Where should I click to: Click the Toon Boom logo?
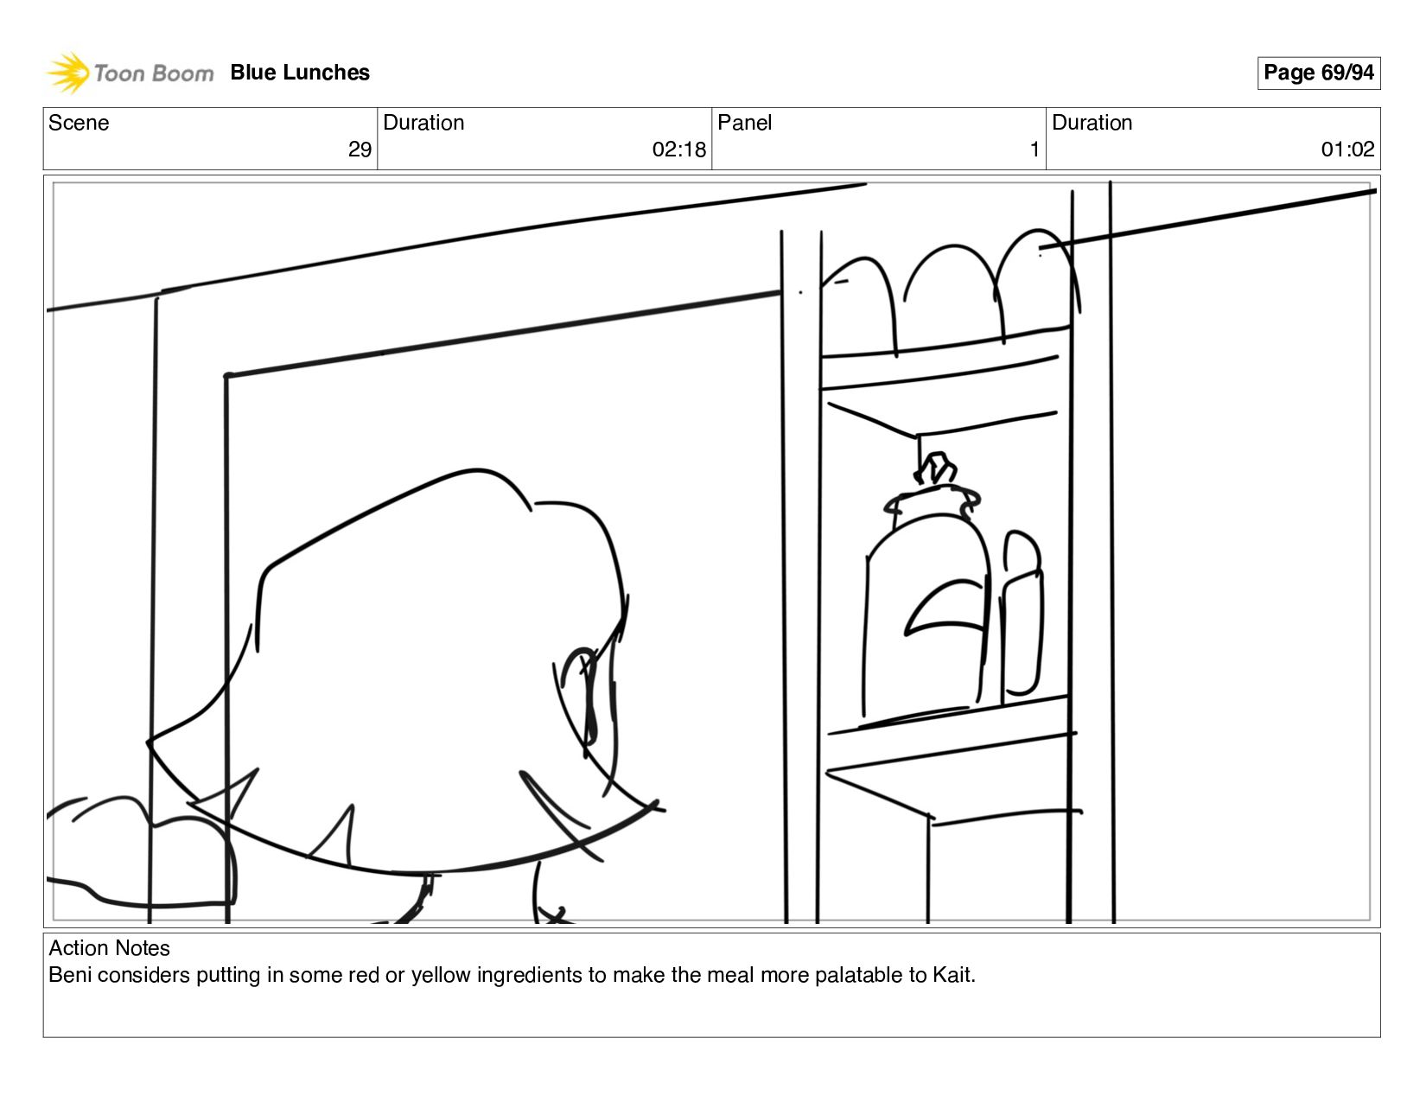(x=130, y=73)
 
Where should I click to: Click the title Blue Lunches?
(x=300, y=73)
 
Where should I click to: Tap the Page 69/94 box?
(x=1318, y=73)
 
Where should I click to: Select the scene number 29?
(x=360, y=150)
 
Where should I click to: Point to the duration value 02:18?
(x=678, y=150)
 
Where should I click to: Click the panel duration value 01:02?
(x=1346, y=150)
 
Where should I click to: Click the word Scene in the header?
(x=79, y=123)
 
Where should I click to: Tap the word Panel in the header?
(x=744, y=123)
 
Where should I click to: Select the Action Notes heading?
(x=109, y=948)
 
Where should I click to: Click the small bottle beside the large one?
(x=1022, y=618)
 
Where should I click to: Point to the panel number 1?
(x=1034, y=150)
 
